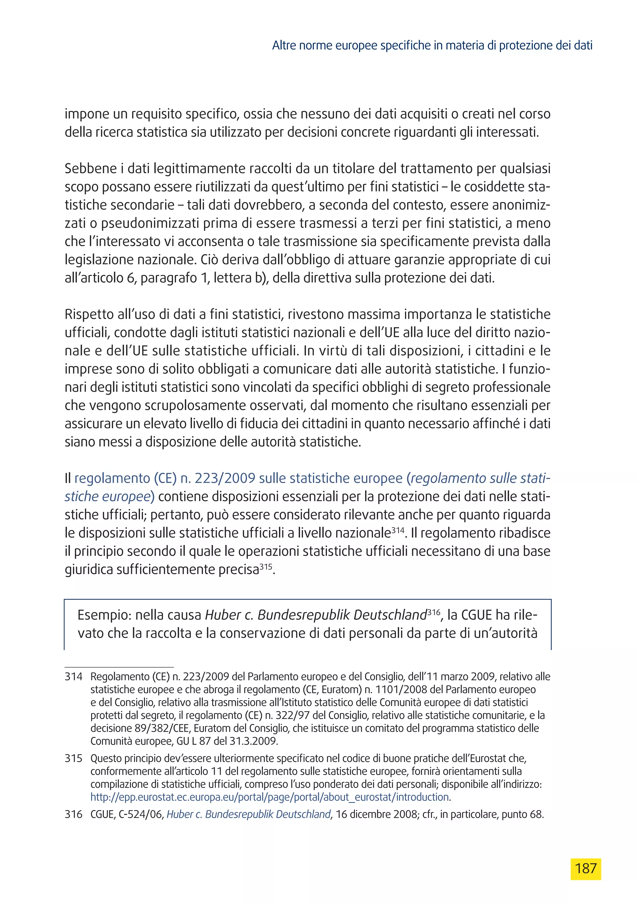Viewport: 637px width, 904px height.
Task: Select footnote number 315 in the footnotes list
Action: tap(74, 758)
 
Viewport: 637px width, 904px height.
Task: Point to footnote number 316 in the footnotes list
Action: tap(74, 814)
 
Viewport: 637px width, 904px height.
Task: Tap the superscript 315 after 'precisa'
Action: tap(266, 566)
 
